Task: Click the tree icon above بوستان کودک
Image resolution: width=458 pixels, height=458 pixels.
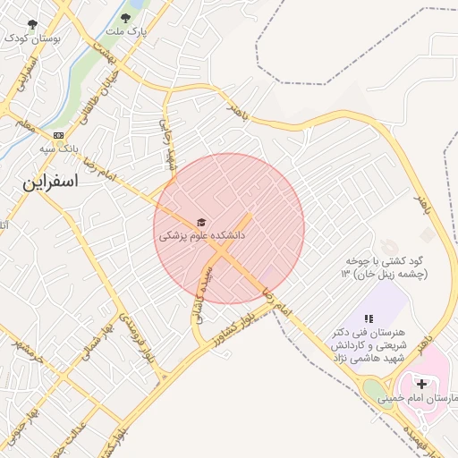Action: click(34, 24)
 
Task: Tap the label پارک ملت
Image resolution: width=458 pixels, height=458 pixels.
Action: click(125, 31)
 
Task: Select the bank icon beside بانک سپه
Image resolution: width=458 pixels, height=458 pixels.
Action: click(59, 135)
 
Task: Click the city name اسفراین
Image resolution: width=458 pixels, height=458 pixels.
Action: click(51, 182)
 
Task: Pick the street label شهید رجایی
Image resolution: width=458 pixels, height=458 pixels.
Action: click(167, 144)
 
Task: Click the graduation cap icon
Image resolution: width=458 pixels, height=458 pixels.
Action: click(201, 222)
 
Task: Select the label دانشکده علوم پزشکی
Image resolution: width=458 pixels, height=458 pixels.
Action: click(201, 236)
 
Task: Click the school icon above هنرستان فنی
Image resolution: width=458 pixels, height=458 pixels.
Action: click(368, 318)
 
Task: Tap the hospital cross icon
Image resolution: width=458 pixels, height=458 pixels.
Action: click(421, 383)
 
